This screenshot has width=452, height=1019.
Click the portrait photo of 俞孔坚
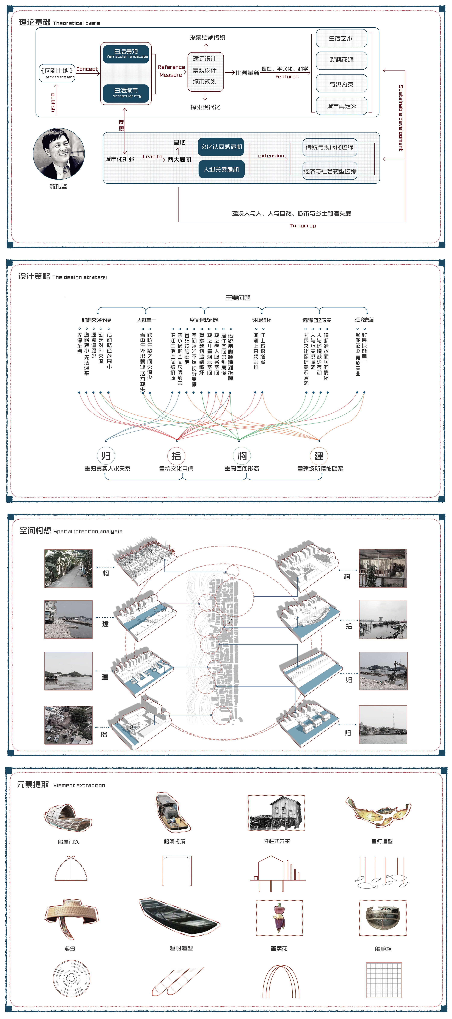coord(59,154)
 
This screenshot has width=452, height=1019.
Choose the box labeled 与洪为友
coord(341,84)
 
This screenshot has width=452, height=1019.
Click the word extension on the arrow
coord(271,156)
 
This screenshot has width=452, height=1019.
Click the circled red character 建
coord(319,456)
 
